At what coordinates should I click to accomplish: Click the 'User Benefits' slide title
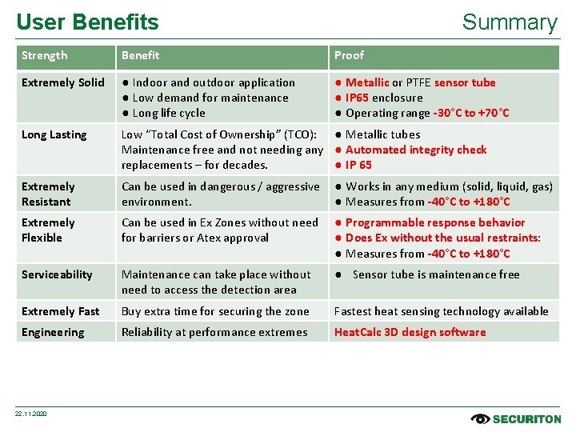coord(87,22)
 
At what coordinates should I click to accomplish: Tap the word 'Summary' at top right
coord(509,22)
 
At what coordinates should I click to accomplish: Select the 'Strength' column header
coord(44,56)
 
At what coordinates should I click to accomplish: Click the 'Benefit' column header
coord(140,56)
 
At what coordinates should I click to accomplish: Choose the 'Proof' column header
coord(349,56)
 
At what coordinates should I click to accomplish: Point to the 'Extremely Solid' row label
coord(62,82)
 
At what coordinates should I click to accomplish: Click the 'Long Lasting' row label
coord(54,134)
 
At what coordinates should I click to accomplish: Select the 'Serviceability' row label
coord(57,274)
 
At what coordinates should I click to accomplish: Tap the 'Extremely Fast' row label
coord(61,311)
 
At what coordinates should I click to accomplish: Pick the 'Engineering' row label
coord(52,332)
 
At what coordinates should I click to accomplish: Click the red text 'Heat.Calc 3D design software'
coord(410,332)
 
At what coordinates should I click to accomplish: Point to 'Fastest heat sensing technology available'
coord(441,311)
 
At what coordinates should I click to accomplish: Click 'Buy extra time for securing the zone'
coord(215,311)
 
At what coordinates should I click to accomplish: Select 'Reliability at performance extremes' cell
coord(214,332)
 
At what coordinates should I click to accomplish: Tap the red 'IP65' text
coord(358,98)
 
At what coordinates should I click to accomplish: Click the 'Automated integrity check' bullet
coord(415,150)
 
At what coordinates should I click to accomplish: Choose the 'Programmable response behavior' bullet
coord(434,222)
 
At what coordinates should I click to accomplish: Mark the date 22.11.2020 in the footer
coord(32,414)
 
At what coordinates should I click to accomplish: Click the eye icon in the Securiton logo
coord(481,418)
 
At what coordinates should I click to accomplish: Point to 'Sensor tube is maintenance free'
coord(436,274)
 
